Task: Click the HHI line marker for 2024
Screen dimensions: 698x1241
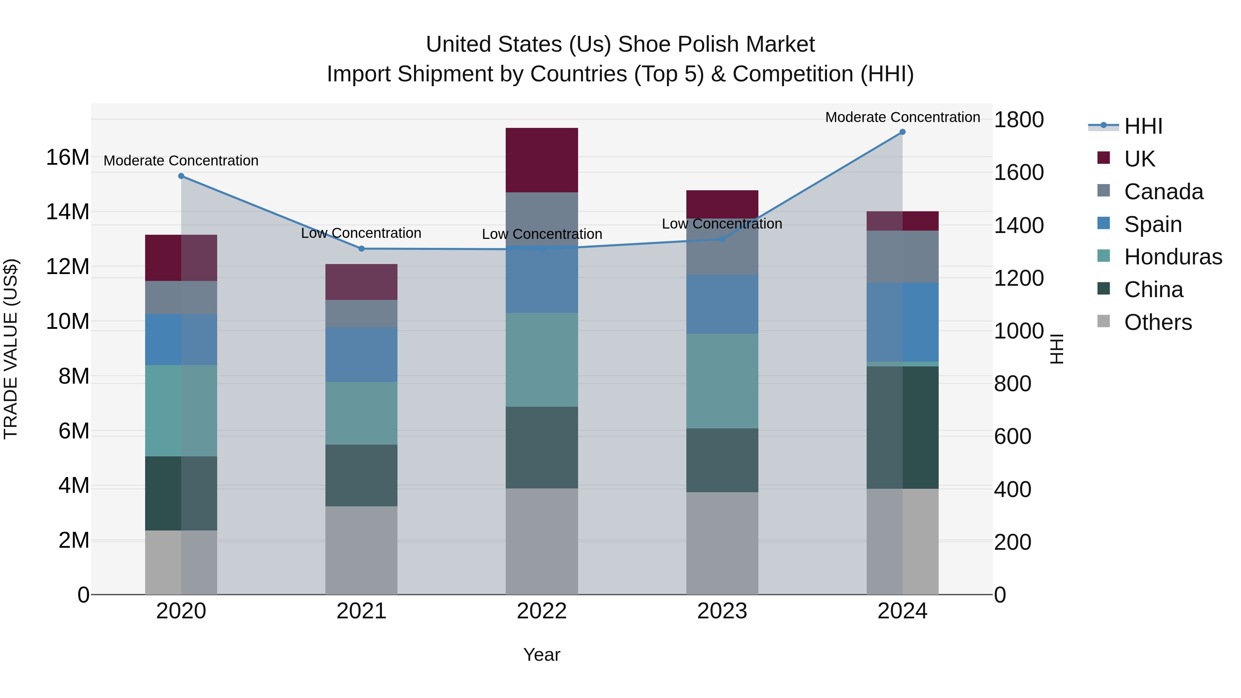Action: [x=902, y=132]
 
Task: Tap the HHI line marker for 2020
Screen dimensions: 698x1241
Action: [x=181, y=176]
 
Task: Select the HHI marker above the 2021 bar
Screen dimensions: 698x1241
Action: [x=361, y=249]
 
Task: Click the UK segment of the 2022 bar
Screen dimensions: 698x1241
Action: [x=542, y=160]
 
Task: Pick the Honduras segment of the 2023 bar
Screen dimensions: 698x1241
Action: [x=722, y=381]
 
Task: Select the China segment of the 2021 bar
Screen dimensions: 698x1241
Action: [x=361, y=475]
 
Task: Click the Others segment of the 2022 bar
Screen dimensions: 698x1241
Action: [x=542, y=542]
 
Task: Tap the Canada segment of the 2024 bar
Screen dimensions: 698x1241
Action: [x=902, y=257]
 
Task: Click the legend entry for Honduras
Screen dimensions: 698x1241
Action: [x=1173, y=257]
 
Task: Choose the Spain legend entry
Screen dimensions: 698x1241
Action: [x=1152, y=224]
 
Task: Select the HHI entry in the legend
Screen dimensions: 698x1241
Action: [x=1143, y=126]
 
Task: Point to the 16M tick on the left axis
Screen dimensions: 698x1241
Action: [x=68, y=158]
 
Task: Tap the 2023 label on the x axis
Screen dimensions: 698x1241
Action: [x=722, y=611]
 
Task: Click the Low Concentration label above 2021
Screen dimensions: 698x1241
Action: [x=361, y=233]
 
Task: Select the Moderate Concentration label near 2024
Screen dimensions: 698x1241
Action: [x=902, y=117]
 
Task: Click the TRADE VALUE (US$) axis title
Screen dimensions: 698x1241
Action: [x=11, y=349]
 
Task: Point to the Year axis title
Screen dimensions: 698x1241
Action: [x=542, y=655]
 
